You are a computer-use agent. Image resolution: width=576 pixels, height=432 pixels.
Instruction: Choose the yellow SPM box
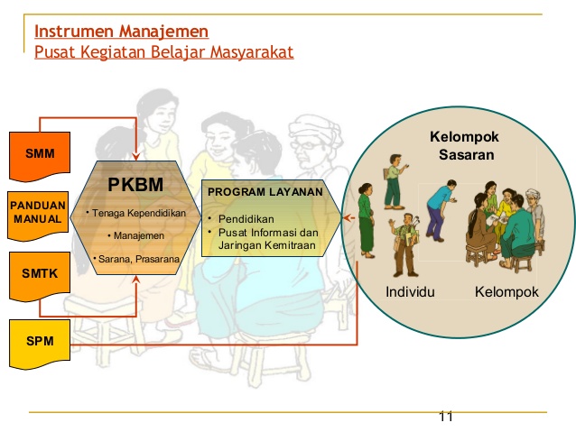click(38, 342)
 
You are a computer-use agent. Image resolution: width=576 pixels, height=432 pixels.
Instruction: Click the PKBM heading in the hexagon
click(135, 185)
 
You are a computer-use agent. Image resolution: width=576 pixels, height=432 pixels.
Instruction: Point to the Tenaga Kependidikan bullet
click(135, 214)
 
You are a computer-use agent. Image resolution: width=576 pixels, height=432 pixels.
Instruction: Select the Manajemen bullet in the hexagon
click(135, 236)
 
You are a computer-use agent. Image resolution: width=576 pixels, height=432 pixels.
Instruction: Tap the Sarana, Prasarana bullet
click(135, 260)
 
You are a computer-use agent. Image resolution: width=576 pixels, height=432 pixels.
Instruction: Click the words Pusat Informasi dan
click(268, 232)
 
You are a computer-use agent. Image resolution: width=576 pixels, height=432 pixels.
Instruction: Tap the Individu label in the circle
click(410, 292)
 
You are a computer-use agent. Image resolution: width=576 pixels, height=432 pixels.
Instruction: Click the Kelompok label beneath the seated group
click(506, 292)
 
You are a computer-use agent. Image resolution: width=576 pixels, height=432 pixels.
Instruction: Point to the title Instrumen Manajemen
click(121, 32)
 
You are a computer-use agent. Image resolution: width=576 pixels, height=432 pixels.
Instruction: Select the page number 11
click(444, 417)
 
